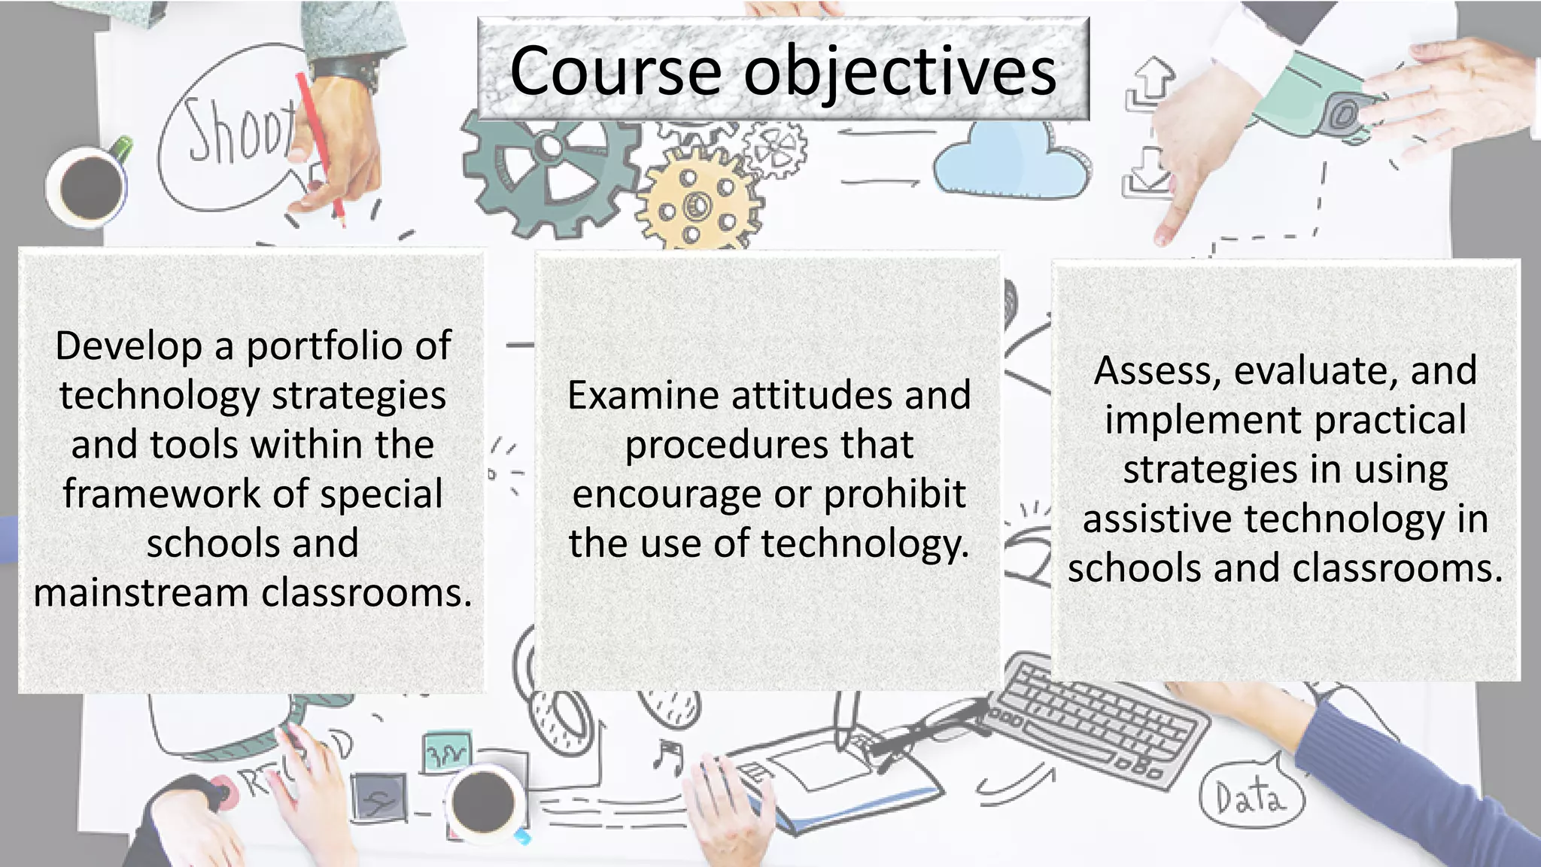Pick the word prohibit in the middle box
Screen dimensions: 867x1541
(895, 495)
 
